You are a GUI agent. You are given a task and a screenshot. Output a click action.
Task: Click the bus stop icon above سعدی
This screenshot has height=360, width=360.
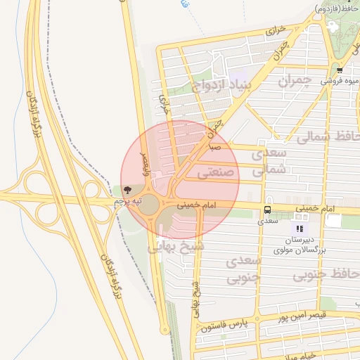(x=267, y=210)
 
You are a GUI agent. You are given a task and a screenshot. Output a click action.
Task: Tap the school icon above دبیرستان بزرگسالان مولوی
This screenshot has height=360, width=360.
(x=300, y=229)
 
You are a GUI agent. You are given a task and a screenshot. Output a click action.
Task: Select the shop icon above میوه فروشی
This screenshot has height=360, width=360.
(x=340, y=70)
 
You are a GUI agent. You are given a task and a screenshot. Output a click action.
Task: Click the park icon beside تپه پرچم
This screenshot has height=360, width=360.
(x=127, y=190)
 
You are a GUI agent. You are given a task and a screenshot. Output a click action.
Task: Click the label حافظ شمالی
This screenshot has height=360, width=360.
(x=327, y=136)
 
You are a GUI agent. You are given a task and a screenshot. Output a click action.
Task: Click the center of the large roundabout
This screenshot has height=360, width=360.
(x=148, y=204)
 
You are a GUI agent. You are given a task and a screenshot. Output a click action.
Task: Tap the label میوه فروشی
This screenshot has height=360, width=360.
(x=336, y=81)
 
